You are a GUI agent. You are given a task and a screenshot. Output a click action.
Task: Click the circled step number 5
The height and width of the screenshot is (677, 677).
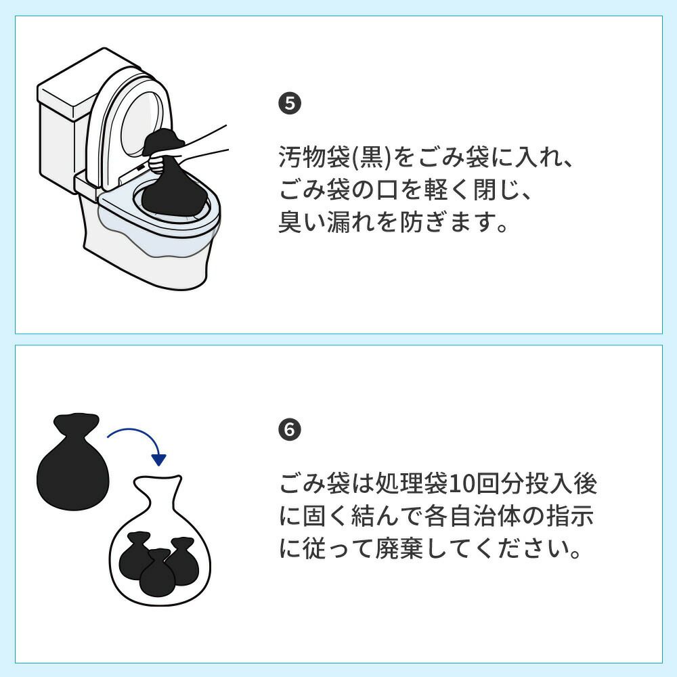(290, 104)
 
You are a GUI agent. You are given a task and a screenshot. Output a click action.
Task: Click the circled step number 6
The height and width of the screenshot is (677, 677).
(290, 430)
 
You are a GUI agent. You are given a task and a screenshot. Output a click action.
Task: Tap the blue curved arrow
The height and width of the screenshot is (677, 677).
(137, 435)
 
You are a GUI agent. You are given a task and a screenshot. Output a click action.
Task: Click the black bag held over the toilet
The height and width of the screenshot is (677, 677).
(173, 181)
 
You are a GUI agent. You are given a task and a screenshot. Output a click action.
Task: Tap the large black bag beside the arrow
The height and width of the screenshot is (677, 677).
(73, 461)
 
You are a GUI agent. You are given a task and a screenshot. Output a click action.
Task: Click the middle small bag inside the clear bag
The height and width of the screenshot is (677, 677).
(158, 573)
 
